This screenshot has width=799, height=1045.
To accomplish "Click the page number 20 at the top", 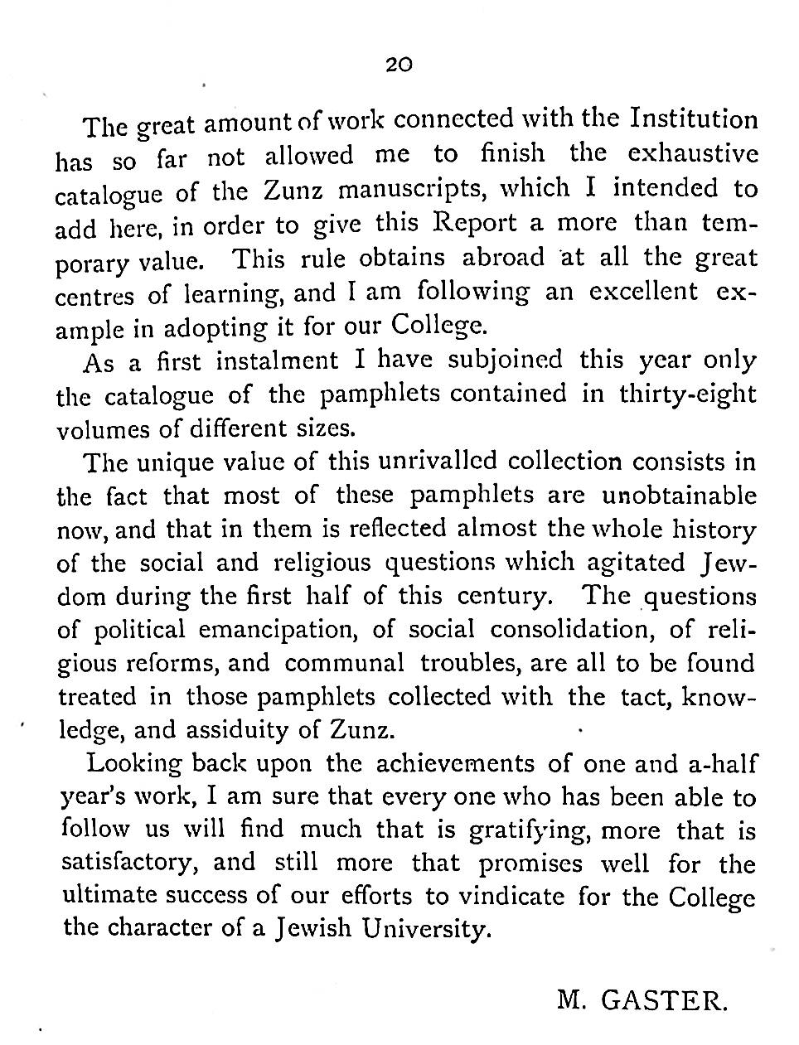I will click(x=399, y=65).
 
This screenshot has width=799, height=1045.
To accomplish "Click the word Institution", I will click(x=694, y=120).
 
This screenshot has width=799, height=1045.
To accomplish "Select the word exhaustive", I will click(x=692, y=154).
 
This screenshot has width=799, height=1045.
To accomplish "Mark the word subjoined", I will click(x=504, y=360).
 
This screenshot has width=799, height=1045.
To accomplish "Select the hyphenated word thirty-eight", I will click(x=687, y=394).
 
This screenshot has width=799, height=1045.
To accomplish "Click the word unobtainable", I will click(x=679, y=496).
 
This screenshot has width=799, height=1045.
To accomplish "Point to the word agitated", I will click(x=635, y=563).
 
